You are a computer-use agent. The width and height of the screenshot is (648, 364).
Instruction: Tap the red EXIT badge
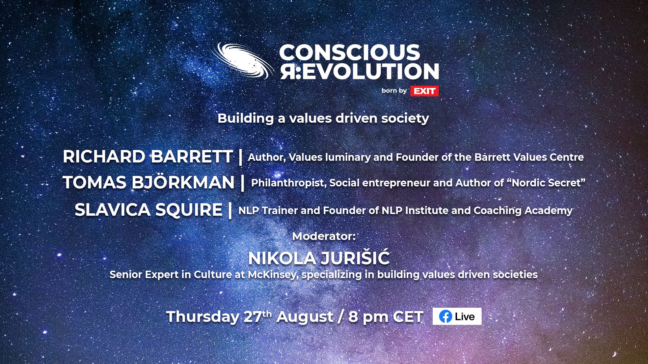click(424, 91)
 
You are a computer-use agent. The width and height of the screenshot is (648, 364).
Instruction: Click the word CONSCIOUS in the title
click(350, 53)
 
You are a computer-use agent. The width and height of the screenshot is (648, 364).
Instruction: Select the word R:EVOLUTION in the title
click(359, 71)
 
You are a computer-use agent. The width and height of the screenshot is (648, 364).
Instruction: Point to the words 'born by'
click(394, 91)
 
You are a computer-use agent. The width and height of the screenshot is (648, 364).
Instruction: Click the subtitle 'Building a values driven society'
click(323, 118)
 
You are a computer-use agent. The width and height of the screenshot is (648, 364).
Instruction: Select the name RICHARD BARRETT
click(147, 157)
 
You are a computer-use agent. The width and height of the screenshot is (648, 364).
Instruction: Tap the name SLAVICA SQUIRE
click(148, 210)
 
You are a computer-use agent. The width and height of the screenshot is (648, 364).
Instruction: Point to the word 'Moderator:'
click(324, 236)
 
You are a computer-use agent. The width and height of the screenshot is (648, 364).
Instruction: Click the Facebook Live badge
click(457, 316)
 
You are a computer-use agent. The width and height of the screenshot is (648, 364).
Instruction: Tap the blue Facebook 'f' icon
click(446, 316)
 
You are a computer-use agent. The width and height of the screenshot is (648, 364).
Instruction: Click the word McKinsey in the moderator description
click(273, 275)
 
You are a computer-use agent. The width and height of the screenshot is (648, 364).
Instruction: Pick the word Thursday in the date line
click(203, 317)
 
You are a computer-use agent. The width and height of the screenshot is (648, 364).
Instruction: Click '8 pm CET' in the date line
click(386, 317)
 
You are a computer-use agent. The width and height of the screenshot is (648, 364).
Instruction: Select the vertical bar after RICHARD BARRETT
click(240, 157)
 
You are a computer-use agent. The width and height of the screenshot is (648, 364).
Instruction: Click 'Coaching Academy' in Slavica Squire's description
click(523, 211)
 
